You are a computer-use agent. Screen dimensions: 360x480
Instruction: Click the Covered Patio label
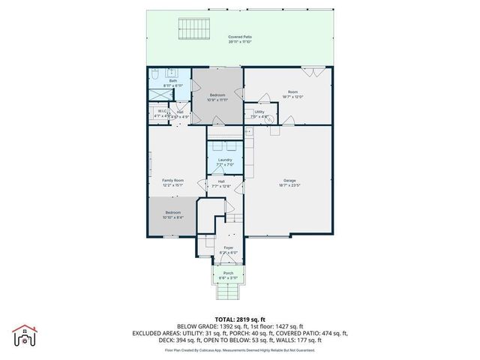click(240, 36)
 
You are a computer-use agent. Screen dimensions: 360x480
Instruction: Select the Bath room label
click(172, 81)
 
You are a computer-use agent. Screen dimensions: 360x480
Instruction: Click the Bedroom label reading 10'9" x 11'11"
click(217, 95)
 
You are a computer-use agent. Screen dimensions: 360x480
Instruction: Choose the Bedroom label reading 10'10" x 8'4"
click(172, 213)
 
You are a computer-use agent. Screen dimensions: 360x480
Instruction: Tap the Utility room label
click(259, 112)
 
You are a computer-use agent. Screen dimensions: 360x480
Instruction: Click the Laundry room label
click(225, 160)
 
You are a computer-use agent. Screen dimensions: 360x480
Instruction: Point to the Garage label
click(289, 180)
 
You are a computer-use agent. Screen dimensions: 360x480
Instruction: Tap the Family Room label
click(173, 180)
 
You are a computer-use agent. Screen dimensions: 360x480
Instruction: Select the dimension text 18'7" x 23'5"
click(289, 185)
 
